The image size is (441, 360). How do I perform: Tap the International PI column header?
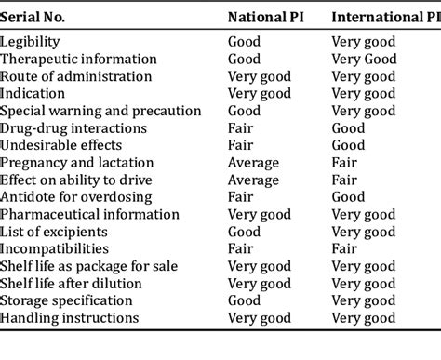coord(385,16)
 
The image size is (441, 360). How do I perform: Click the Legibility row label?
coord(33,42)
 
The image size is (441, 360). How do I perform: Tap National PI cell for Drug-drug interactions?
coord(240,128)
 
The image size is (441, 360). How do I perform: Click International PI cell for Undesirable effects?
coord(348,145)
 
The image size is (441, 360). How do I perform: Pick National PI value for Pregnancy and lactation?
coord(253,163)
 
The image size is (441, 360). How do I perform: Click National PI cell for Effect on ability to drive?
coord(253,180)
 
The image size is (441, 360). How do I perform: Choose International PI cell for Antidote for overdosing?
coord(348,197)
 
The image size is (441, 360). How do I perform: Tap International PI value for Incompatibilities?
coord(344,249)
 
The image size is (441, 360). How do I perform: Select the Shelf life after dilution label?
coord(72,284)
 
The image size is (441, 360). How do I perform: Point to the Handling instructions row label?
coord(70,318)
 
